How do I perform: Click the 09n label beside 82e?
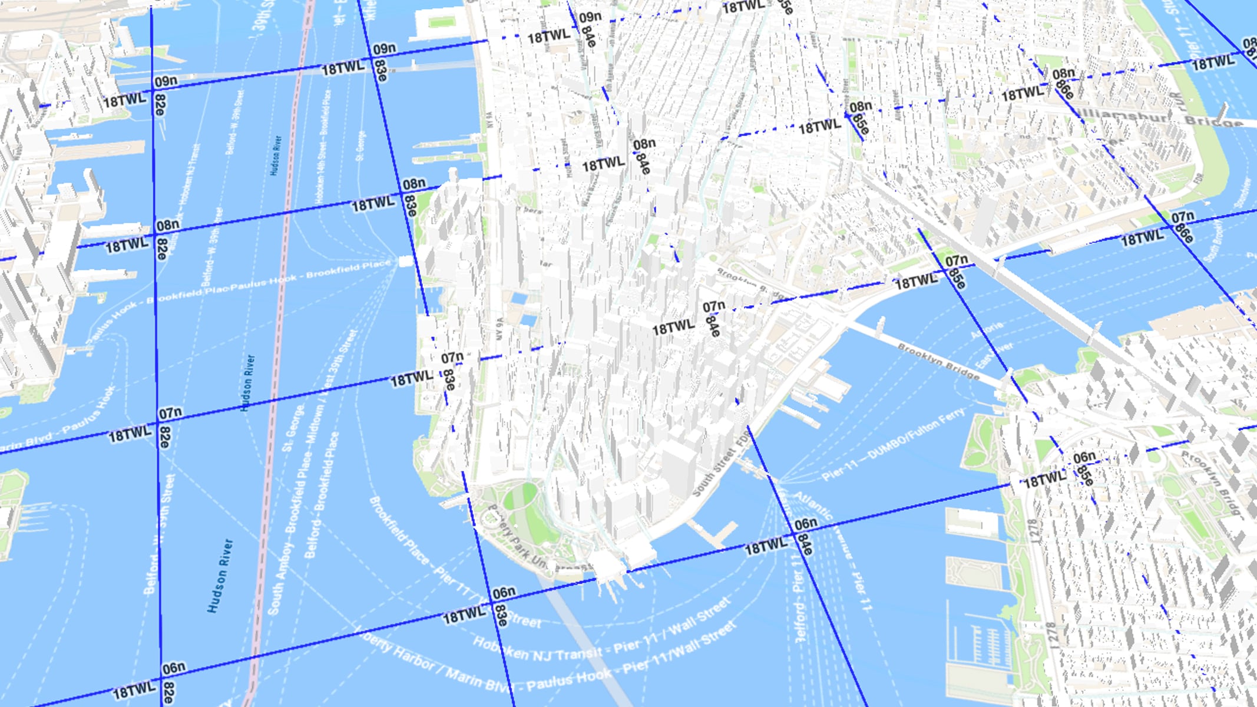166,81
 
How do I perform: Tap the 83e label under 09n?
381,70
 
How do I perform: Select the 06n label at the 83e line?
504,593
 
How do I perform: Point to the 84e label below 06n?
805,544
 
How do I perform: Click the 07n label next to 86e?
1183,217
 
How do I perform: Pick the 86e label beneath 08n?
1064,89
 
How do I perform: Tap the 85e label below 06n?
1085,475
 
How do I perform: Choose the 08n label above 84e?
644,144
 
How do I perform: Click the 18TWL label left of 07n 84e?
673,328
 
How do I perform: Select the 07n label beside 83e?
452,358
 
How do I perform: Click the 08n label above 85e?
861,107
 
